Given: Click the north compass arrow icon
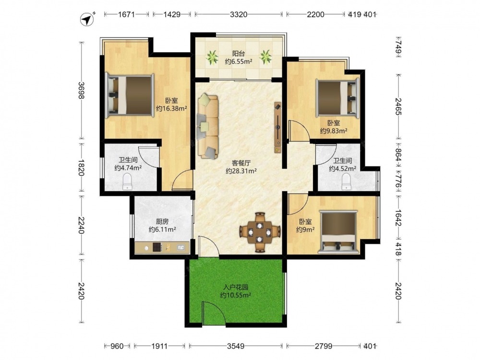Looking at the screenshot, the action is (87, 20).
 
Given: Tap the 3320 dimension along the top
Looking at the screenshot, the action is (239, 14).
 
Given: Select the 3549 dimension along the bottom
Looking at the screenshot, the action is (235, 346).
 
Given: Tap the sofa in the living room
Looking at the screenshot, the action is (208, 126).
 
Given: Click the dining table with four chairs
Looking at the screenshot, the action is (260, 232).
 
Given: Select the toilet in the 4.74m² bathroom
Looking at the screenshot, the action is (127, 181).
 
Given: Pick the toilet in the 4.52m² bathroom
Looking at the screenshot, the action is (346, 181).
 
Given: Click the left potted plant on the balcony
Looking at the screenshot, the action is (212, 57).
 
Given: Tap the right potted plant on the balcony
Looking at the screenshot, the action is (265, 57).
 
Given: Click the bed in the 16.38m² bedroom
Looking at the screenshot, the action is (129, 95).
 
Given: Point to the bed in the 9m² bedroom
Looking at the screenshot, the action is (338, 232).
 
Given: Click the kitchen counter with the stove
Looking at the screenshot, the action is (162, 247).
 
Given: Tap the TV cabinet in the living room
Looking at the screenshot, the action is (277, 127).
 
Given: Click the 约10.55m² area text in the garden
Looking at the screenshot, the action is (236, 295).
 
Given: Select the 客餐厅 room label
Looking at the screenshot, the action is (241, 163).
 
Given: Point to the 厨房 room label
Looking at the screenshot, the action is (162, 221).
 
